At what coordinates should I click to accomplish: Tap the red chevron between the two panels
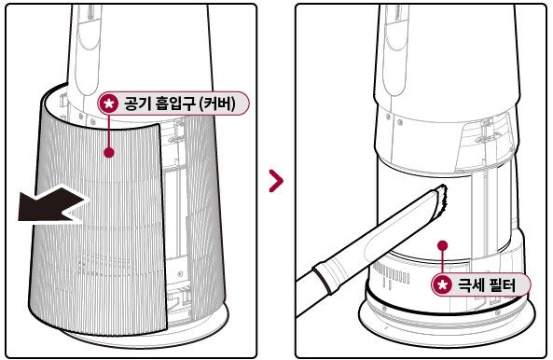tap(276, 180)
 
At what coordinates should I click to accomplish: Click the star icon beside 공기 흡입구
tap(110, 103)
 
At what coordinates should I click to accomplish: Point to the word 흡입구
tap(176, 103)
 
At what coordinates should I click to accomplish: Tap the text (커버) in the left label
tap(224, 103)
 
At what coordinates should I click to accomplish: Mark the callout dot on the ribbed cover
tap(110, 152)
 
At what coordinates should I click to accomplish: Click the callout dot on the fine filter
tap(443, 246)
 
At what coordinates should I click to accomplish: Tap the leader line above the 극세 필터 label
tap(443, 261)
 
